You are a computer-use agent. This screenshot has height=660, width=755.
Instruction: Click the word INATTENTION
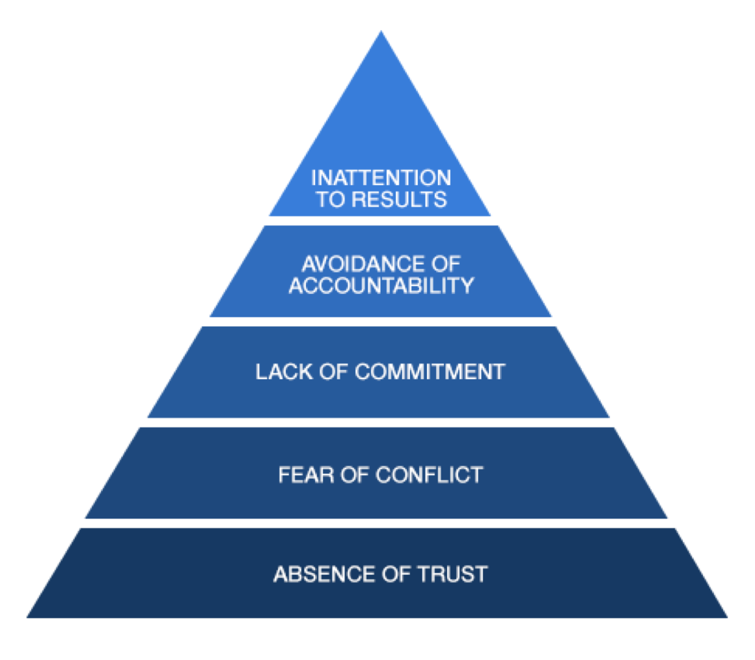pyautogui.click(x=381, y=177)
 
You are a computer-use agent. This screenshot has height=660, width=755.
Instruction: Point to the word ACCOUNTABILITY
pyautogui.click(x=381, y=285)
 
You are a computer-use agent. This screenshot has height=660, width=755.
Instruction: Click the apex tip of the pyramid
pyautogui.click(x=381, y=33)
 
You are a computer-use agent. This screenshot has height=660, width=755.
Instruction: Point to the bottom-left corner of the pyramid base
pyautogui.click(x=29, y=616)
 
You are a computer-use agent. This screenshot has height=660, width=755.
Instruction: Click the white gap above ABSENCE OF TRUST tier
pyautogui.click(x=377, y=523)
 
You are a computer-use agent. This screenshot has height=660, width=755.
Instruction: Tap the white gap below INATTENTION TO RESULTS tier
pyautogui.click(x=381, y=221)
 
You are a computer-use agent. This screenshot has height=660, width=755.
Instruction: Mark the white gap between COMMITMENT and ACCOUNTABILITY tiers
pyautogui.click(x=381, y=322)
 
